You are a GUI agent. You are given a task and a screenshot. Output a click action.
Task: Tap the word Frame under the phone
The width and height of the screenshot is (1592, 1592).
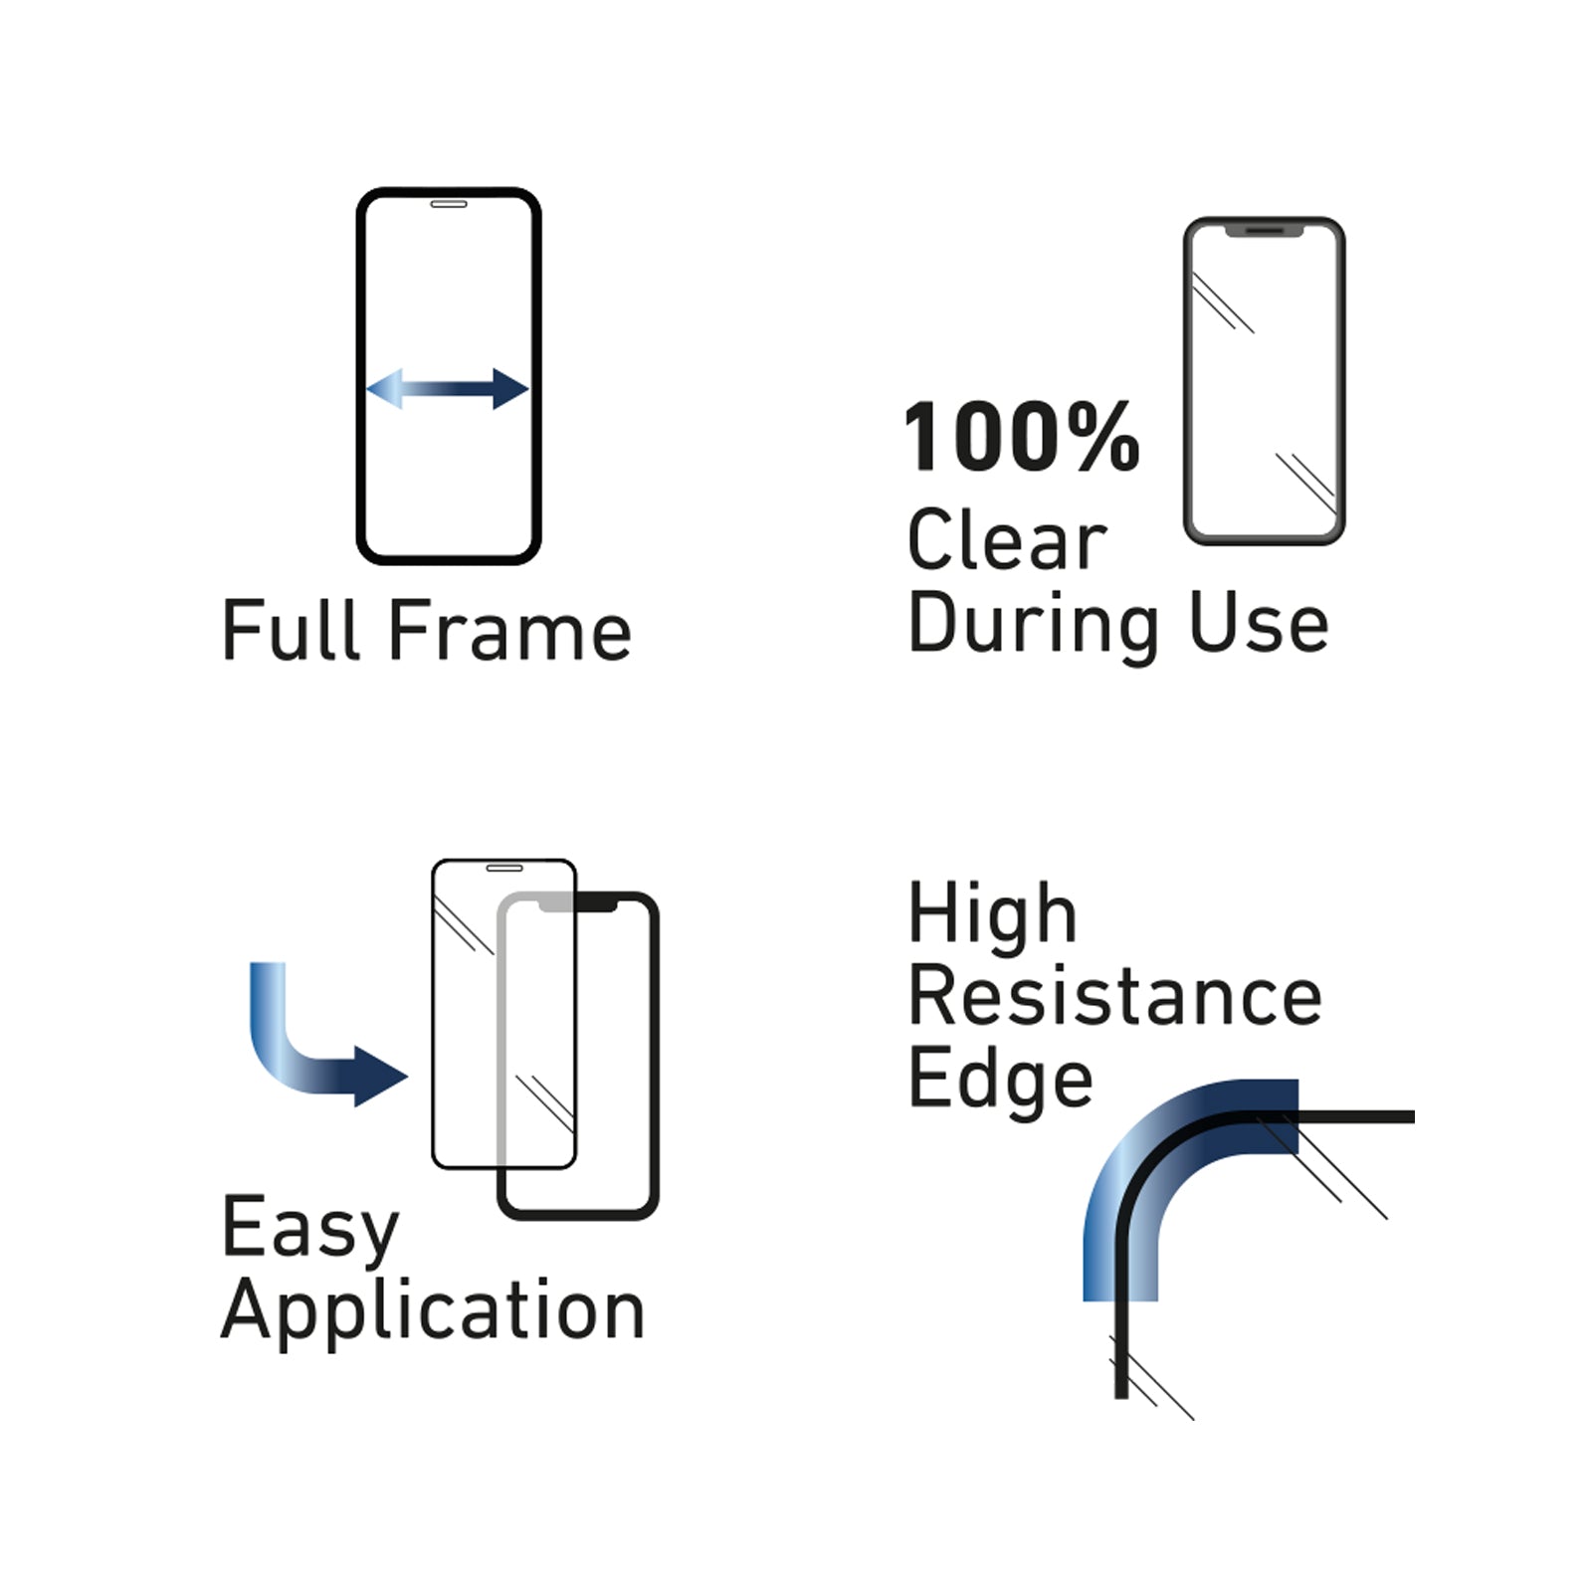coord(509,630)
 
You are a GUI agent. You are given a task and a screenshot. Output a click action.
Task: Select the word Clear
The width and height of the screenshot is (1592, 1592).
coord(1007,539)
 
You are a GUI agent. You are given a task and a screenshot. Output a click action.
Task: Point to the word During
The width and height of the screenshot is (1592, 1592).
coord(1034,625)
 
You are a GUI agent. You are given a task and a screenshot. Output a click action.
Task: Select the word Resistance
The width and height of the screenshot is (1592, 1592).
coord(1115,996)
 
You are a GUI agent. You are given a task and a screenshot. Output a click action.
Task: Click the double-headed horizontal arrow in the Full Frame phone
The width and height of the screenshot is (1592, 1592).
coord(448,388)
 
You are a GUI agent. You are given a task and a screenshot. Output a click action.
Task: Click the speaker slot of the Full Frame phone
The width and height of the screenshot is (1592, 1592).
coord(449,204)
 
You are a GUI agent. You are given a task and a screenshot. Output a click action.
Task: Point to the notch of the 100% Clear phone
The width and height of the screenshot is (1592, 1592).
coord(1264,231)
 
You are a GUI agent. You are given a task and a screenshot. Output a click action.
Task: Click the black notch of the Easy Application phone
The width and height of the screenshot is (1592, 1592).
coord(595,902)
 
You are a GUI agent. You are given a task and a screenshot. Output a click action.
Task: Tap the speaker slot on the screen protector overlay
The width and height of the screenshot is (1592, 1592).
coord(504,868)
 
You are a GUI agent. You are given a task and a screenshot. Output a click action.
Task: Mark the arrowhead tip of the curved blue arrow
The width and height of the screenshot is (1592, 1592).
coord(408,1076)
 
